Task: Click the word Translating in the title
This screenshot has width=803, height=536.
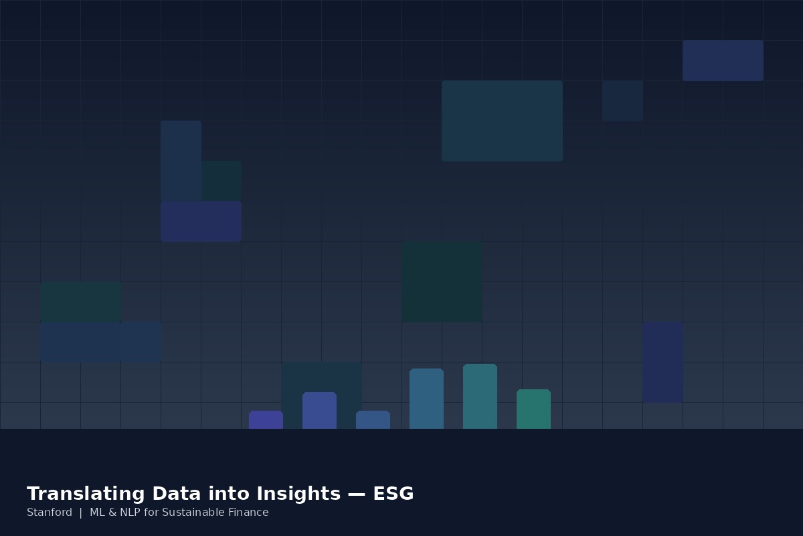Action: click(x=86, y=494)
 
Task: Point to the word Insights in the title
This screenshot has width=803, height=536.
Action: click(x=298, y=494)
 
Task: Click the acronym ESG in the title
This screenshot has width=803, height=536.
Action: click(x=393, y=493)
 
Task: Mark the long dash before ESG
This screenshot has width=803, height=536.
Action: click(x=357, y=494)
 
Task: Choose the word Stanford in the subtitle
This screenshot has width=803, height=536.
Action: click(x=50, y=513)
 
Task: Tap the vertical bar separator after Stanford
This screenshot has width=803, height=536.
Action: click(x=81, y=513)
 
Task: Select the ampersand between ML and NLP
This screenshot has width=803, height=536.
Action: click(x=112, y=513)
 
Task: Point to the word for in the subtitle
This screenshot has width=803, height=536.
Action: click(x=151, y=513)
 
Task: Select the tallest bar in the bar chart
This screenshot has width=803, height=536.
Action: click(x=480, y=397)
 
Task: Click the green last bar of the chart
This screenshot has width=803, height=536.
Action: click(x=533, y=409)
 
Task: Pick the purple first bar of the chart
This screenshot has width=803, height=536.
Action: click(x=266, y=419)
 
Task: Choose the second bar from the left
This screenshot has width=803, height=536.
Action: click(x=319, y=410)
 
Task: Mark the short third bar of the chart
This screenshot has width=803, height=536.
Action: click(x=373, y=419)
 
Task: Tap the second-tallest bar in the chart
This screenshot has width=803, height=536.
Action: click(x=427, y=399)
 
